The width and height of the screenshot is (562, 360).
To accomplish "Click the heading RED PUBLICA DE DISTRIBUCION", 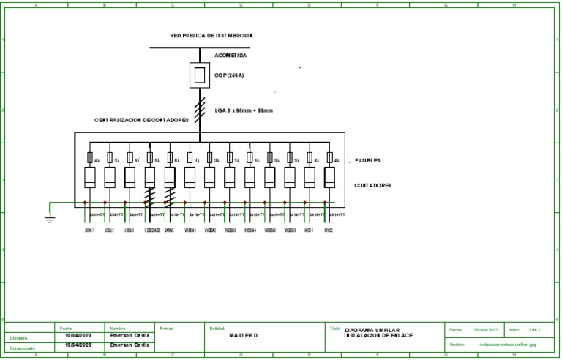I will point(211,35).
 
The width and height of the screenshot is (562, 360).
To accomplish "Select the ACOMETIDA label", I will point(231,56).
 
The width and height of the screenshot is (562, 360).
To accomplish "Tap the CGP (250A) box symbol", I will point(199,75).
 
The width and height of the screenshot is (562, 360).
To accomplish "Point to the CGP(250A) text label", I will point(230,75).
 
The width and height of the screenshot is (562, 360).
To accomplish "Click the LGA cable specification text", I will point(244,111).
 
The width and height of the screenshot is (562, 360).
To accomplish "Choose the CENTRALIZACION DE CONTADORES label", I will point(141,119).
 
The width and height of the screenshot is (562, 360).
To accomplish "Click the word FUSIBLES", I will point(367,160).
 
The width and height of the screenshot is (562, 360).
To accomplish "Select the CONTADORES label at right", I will point(372,186).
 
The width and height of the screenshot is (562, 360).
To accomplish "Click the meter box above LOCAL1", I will point(90,178).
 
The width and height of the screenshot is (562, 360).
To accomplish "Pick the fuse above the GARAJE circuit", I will point(170,157).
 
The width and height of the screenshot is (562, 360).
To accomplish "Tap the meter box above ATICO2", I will point(329,178).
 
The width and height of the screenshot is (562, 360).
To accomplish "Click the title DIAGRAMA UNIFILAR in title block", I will point(372,330).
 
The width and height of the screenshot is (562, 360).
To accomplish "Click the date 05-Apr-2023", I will point(486,331).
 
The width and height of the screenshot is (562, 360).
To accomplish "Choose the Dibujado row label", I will point(20,338).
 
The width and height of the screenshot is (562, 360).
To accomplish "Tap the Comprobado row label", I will point(23,348).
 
